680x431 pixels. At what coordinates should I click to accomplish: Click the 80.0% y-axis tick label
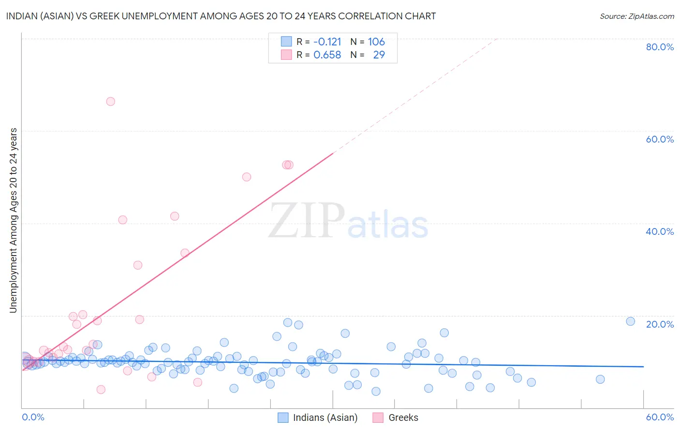point(660,47)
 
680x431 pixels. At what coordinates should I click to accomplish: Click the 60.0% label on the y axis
point(660,139)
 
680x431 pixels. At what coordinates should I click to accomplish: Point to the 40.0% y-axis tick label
point(660,231)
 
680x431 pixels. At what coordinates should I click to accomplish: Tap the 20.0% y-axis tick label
point(660,324)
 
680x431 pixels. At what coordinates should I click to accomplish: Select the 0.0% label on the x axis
point(33,417)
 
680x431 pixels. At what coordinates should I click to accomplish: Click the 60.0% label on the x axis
point(660,417)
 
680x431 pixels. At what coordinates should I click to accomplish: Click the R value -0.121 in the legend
point(327,42)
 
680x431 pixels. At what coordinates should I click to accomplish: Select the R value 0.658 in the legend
point(327,55)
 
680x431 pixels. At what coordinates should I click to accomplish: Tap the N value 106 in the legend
point(376,42)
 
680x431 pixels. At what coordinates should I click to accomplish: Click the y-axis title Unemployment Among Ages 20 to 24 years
point(14,220)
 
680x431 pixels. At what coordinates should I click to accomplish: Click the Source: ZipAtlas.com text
point(636,16)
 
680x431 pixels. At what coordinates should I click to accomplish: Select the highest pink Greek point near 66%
point(110,101)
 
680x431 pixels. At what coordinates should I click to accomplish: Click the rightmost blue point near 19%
point(630,321)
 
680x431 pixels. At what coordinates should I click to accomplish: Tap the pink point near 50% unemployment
point(247,177)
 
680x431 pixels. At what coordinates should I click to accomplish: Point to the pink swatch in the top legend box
point(286,55)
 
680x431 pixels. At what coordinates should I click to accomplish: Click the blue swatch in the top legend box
point(286,42)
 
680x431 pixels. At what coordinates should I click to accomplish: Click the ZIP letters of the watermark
point(307,221)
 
